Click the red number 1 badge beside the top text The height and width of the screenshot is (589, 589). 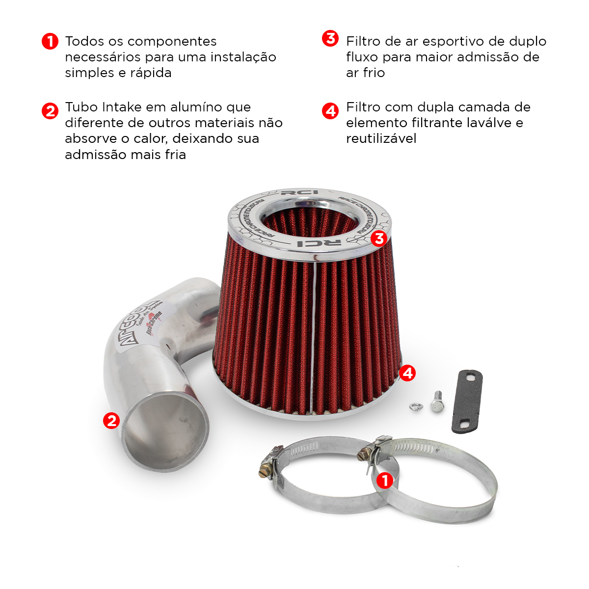(50, 41)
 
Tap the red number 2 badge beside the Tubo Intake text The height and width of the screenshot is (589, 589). (50, 111)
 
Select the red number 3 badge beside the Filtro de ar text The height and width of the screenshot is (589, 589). (330, 38)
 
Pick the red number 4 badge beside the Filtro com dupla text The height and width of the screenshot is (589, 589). (330, 111)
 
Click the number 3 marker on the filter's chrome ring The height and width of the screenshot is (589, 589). (378, 239)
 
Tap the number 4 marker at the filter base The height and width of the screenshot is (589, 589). (407, 373)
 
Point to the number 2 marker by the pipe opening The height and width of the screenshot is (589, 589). (111, 421)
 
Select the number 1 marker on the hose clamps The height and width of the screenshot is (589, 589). (385, 480)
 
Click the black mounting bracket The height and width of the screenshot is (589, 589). (467, 402)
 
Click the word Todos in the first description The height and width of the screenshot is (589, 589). (84, 41)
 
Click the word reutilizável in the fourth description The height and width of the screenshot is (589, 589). (381, 139)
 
